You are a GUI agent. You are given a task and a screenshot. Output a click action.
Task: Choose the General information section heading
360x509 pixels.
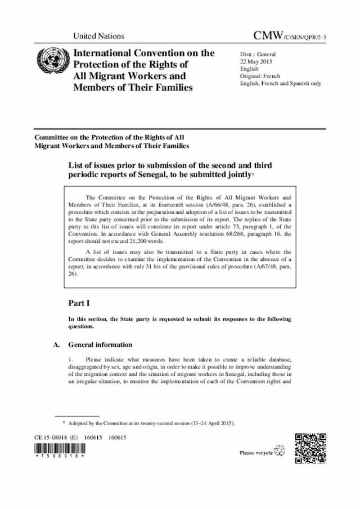pyautogui.click(x=100, y=345)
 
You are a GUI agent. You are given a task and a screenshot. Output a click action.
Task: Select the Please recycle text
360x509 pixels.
pyautogui.click(x=256, y=452)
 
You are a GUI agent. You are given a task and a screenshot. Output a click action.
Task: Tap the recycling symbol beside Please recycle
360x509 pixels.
pyautogui.click(x=280, y=451)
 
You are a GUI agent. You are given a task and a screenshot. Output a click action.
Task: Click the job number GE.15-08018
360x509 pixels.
pyautogui.click(x=53, y=437)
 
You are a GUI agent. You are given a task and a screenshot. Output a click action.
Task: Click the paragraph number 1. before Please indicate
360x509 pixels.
pyautogui.click(x=70, y=359)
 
